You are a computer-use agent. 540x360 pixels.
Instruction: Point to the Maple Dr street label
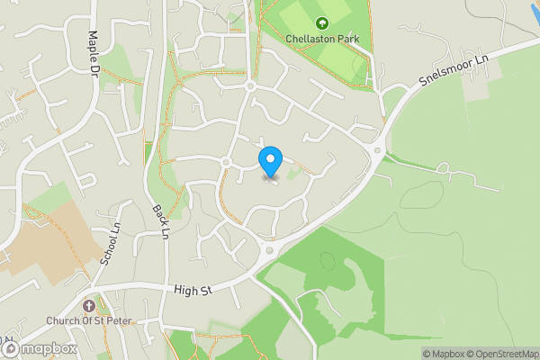click(94, 51)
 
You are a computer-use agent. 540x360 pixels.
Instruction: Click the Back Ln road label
click(160, 220)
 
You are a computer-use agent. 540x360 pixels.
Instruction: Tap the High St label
click(193, 290)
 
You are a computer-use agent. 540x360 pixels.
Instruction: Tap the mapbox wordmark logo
click(46, 348)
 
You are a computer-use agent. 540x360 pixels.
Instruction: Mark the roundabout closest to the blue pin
click(225, 162)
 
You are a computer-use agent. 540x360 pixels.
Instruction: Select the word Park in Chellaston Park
click(348, 39)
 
